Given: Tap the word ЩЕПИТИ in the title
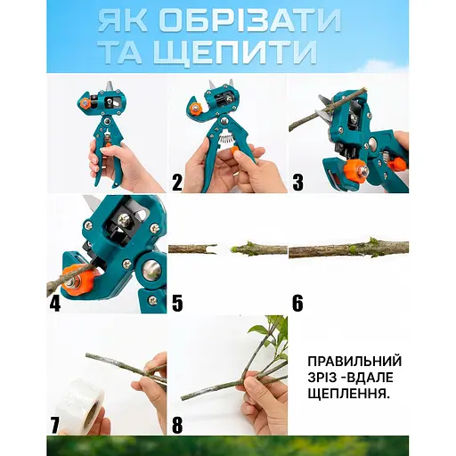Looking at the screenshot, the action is tap(235, 53).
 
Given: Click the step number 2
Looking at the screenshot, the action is tap(177, 183).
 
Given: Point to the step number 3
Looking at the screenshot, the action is tap(297, 183).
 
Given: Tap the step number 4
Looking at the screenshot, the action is tap(55, 303).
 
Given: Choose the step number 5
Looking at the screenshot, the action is tap(177, 303).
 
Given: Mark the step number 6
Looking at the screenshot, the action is tap(297, 303).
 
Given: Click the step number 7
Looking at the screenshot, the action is tap(54, 425).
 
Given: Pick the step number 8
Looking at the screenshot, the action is tap(177, 425).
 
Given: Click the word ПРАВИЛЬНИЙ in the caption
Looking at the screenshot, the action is tap(354, 362).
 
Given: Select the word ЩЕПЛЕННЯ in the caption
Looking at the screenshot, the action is tap(348, 395).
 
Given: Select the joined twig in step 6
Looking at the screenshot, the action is tap(348, 248).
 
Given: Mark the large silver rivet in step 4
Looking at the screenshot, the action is tap(151, 269).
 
